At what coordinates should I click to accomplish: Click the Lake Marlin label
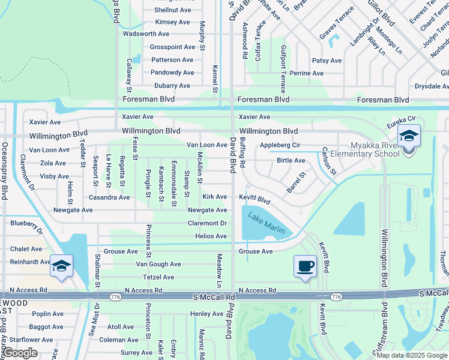(x=268, y=224)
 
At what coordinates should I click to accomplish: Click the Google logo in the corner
(x=20, y=353)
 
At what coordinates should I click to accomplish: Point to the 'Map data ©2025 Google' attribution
(x=411, y=355)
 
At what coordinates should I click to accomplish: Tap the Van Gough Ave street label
(x=158, y=264)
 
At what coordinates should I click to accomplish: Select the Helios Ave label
(x=211, y=236)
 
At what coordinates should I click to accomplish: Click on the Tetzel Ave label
(x=158, y=277)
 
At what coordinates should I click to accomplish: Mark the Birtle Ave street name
(x=291, y=161)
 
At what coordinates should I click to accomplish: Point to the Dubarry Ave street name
(x=174, y=86)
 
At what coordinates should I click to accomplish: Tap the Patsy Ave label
(x=327, y=61)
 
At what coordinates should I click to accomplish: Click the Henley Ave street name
(x=206, y=314)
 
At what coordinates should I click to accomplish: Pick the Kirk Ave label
(x=215, y=197)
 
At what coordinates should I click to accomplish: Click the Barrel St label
(x=296, y=182)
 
